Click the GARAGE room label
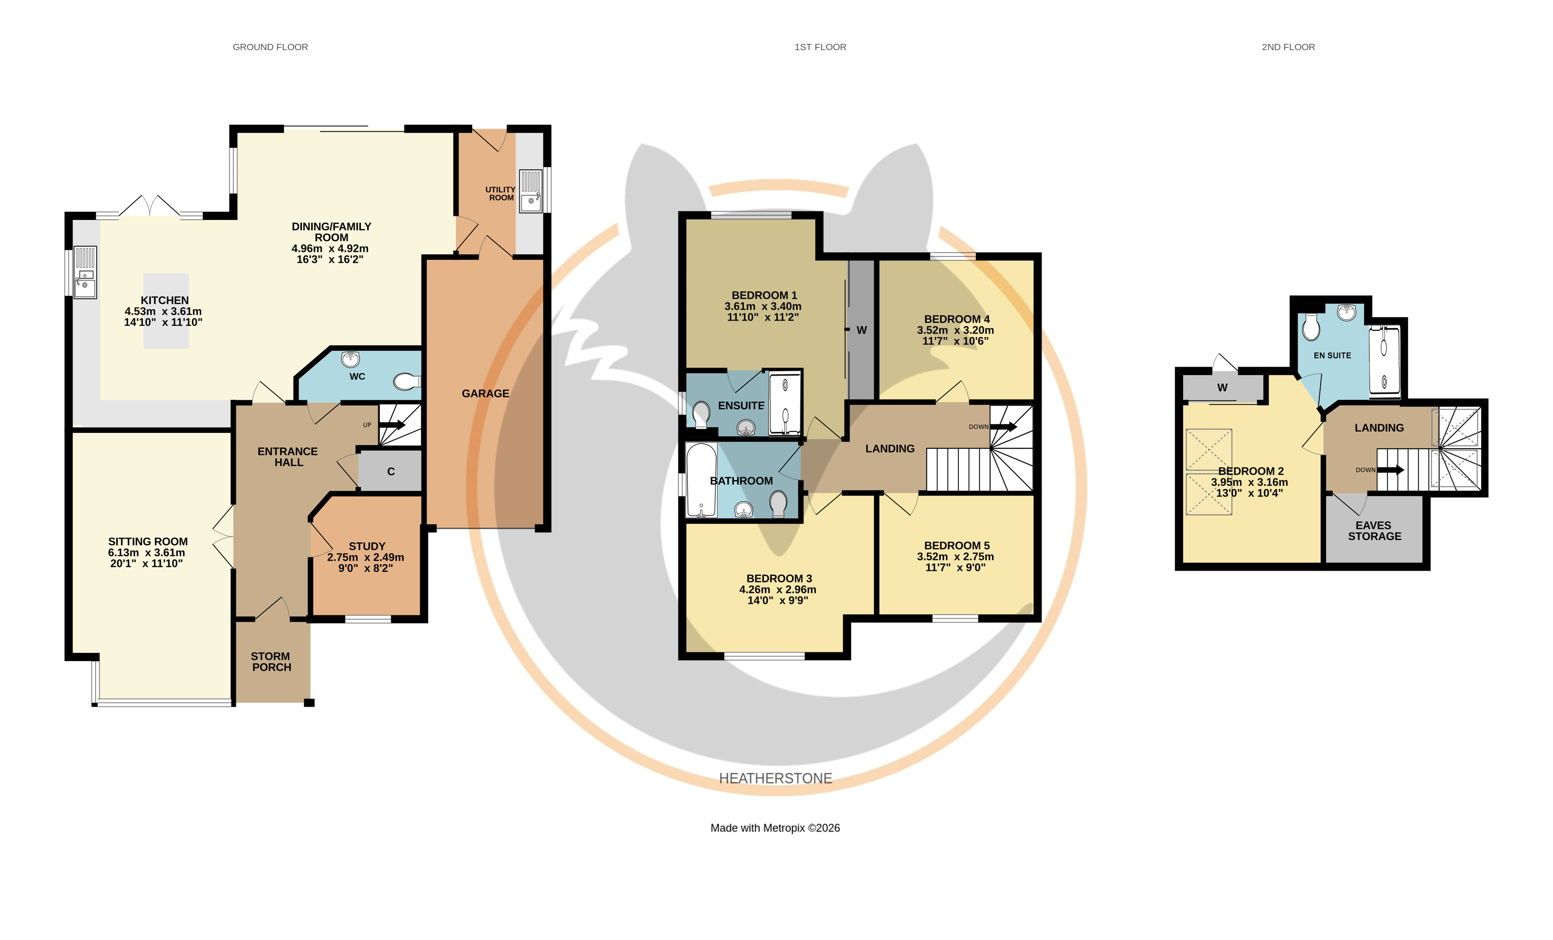tap(485, 394)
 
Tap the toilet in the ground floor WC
tap(407, 382)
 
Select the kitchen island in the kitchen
tap(166, 311)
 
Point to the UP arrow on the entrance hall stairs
tap(392, 425)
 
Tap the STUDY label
tap(367, 546)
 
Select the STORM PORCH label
tap(271, 662)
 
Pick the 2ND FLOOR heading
tap(1288, 47)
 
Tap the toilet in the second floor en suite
tap(1311, 327)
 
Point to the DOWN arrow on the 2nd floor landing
tap(1390, 470)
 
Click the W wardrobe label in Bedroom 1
tap(862, 330)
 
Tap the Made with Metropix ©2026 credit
tap(775, 828)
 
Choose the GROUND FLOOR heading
tap(271, 47)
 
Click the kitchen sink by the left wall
tap(86, 272)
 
